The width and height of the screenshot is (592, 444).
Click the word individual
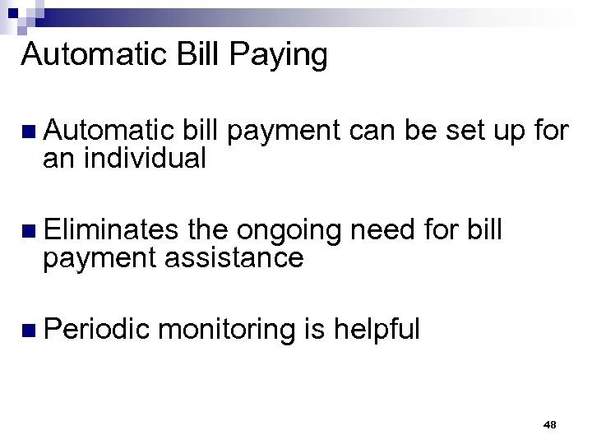150,159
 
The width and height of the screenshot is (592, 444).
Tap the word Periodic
98,329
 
